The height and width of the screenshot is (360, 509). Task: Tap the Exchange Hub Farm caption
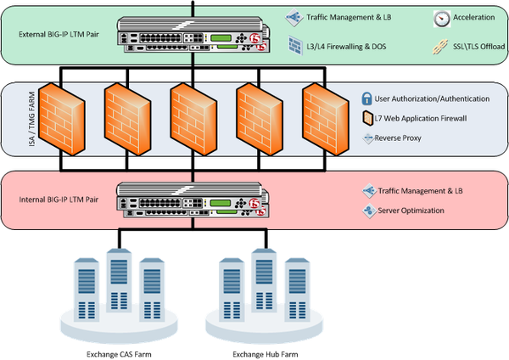257,351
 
